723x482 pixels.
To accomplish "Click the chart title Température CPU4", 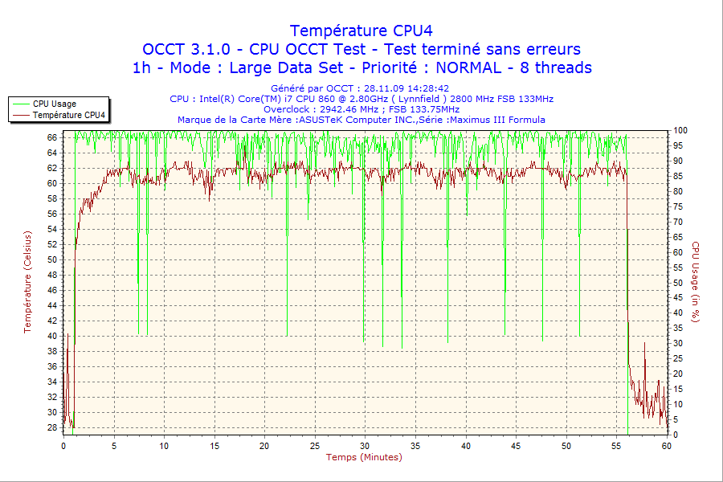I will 361,31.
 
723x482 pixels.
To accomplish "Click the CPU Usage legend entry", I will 55,104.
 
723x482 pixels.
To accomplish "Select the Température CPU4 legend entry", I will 67,115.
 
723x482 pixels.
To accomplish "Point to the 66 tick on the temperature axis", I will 52,137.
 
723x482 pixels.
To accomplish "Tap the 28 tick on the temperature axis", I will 52,427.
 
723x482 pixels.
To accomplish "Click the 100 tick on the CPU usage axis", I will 679,130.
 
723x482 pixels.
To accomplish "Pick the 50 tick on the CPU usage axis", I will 677,283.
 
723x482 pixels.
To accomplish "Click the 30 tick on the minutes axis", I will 365,445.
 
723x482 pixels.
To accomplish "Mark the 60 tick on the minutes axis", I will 666,445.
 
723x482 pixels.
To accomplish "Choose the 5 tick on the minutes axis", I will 114,445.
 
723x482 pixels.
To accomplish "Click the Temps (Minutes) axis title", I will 363,457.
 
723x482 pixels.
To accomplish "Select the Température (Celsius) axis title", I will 27,282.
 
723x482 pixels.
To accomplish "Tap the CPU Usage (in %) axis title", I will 696,282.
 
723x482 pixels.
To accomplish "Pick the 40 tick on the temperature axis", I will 52,336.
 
